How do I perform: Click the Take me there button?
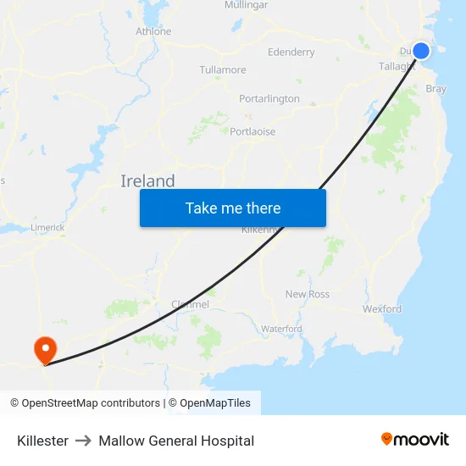click(233, 208)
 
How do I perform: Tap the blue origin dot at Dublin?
click(421, 51)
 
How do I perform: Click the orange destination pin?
click(44, 350)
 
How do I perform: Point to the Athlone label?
click(153, 31)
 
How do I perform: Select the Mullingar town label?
click(246, 5)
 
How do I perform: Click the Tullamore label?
click(223, 69)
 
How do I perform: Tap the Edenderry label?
click(291, 53)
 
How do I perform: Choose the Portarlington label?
click(269, 98)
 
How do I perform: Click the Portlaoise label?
click(252, 131)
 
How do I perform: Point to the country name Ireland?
click(147, 180)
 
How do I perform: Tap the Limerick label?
click(47, 227)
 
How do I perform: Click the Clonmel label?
click(190, 304)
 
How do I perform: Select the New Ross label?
click(307, 294)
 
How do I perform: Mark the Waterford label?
click(281, 329)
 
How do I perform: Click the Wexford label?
click(382, 309)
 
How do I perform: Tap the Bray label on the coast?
click(435, 88)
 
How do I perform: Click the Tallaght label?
click(396, 66)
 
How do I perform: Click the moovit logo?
click(415, 440)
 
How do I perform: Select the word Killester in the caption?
click(42, 441)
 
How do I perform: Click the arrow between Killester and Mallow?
click(83, 441)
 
